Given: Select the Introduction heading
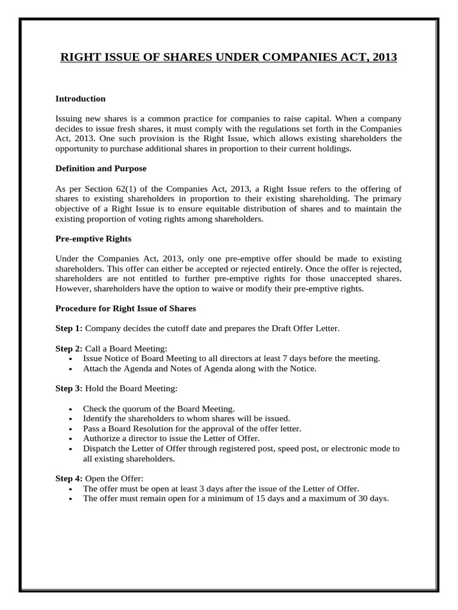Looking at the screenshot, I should click(81, 99).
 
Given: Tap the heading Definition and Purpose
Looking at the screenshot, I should click(101, 169).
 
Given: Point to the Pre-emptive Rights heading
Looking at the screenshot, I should click(93, 238).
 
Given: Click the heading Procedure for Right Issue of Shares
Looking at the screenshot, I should click(125, 309).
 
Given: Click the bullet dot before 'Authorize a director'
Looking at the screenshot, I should click(71, 438).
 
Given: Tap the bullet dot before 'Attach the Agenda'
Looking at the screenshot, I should click(71, 369).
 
